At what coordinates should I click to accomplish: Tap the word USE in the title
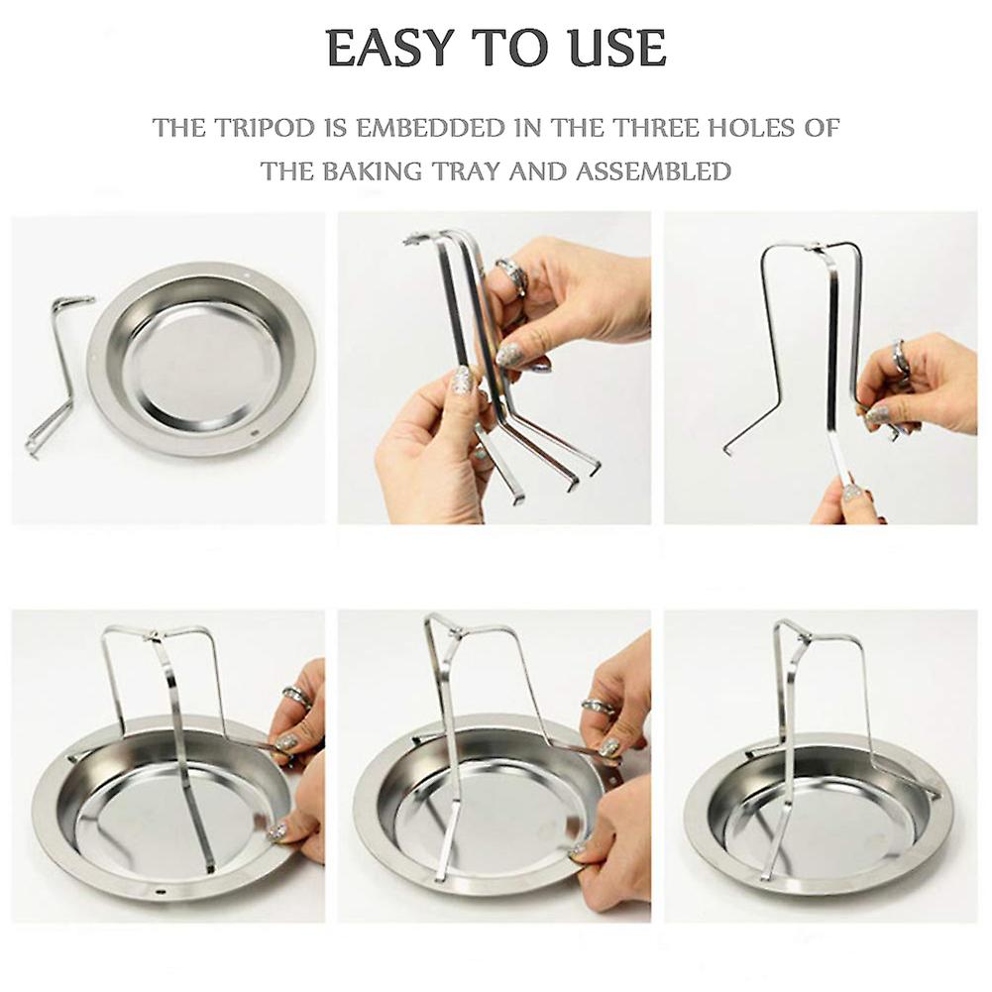[x=616, y=49]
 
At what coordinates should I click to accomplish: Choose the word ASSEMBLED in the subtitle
[x=653, y=171]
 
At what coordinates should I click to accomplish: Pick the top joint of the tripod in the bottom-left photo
[x=151, y=635]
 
